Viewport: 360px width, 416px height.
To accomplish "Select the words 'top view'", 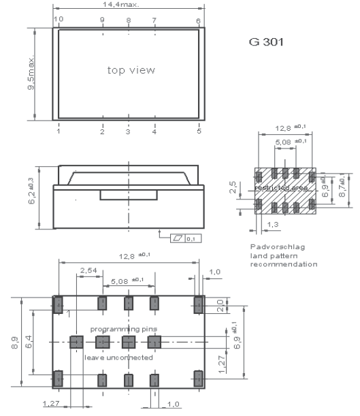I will (x=131, y=70).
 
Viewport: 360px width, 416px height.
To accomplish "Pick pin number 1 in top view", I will (x=59, y=131).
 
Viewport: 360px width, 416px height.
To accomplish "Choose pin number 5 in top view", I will (x=199, y=131).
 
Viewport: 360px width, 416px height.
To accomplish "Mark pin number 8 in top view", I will (x=129, y=20).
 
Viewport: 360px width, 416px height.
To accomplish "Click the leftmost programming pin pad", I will (x=76, y=341).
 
